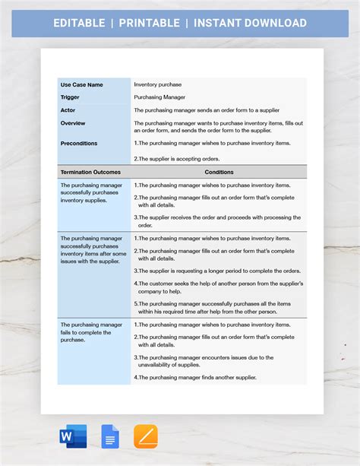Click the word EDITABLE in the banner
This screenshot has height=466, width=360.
(79, 23)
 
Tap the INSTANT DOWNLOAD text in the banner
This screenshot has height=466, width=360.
(250, 23)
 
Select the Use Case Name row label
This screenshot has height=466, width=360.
(82, 84)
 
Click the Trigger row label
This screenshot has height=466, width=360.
(71, 97)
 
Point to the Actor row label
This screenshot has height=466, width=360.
(68, 110)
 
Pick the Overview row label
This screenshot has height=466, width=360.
(73, 123)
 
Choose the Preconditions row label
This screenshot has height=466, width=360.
(79, 143)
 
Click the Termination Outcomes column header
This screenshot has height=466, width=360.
(90, 172)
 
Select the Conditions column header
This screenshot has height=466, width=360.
(219, 172)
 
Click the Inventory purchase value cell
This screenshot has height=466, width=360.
(158, 84)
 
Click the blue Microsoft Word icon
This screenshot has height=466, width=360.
(73, 436)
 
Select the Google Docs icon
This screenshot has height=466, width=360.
(110, 436)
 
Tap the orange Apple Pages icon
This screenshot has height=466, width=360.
(146, 436)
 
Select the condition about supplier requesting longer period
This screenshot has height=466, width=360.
(219, 271)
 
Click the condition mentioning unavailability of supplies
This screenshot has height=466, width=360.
(205, 360)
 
